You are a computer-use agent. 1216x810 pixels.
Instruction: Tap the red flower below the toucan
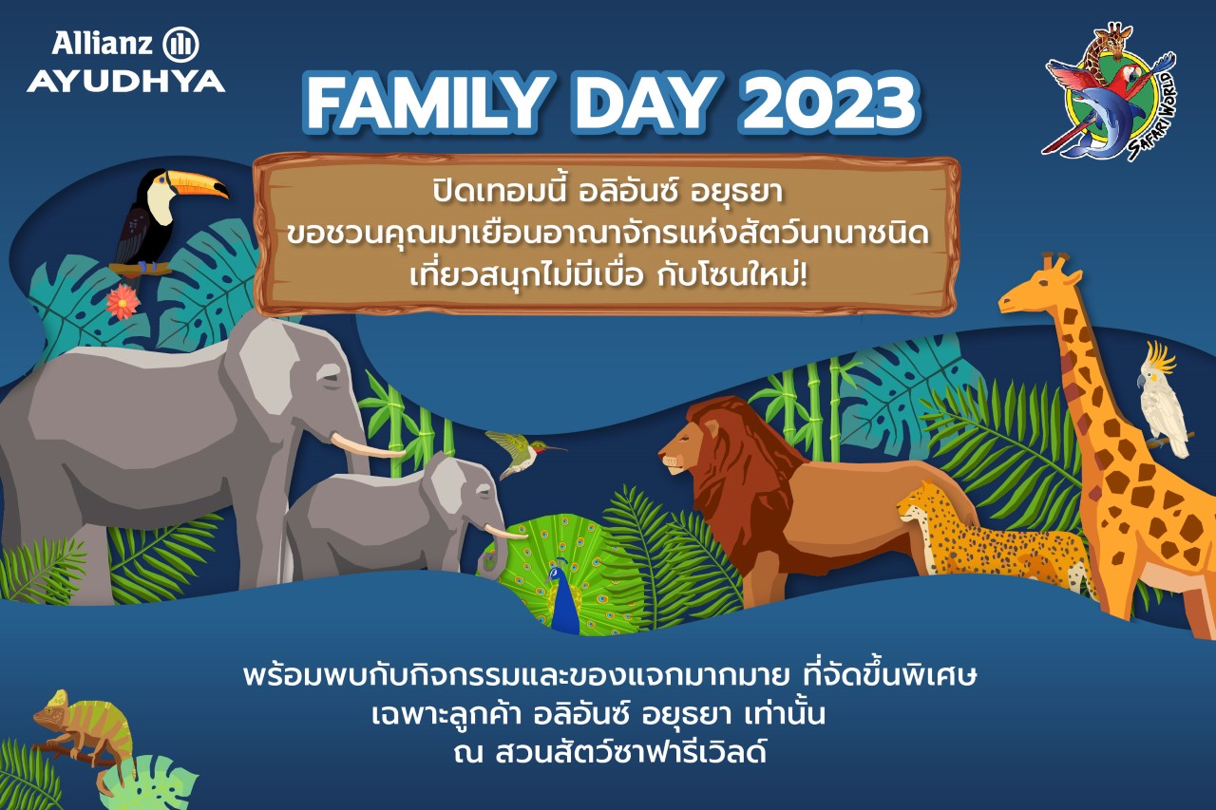pos(123,302)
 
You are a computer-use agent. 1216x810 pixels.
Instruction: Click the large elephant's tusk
pos(367,444)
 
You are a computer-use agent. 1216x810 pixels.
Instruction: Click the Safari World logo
pos(1110,91)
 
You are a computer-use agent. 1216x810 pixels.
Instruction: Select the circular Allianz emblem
pos(180,45)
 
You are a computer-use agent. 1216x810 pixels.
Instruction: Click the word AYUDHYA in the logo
pos(126,82)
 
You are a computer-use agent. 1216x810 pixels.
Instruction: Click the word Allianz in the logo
pos(102,44)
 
